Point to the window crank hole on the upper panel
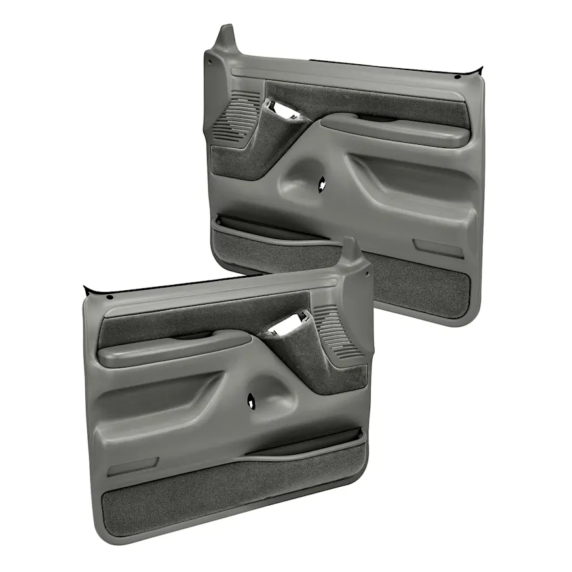[x=323, y=185]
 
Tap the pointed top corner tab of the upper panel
[x=227, y=36]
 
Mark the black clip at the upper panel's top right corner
[x=480, y=68]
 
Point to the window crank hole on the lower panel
[x=252, y=400]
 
